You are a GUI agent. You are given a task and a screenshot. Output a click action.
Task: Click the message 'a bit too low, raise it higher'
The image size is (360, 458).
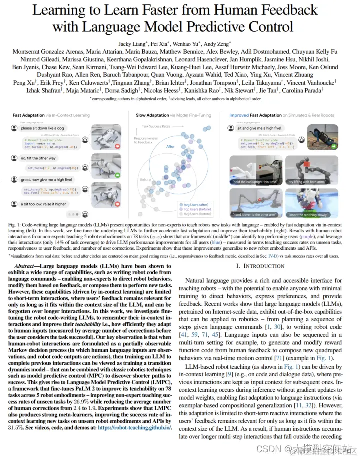pyautogui.click(x=45, y=204)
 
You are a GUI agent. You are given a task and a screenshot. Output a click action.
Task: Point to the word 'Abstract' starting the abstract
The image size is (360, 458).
pyautogui.click(x=28, y=267)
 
